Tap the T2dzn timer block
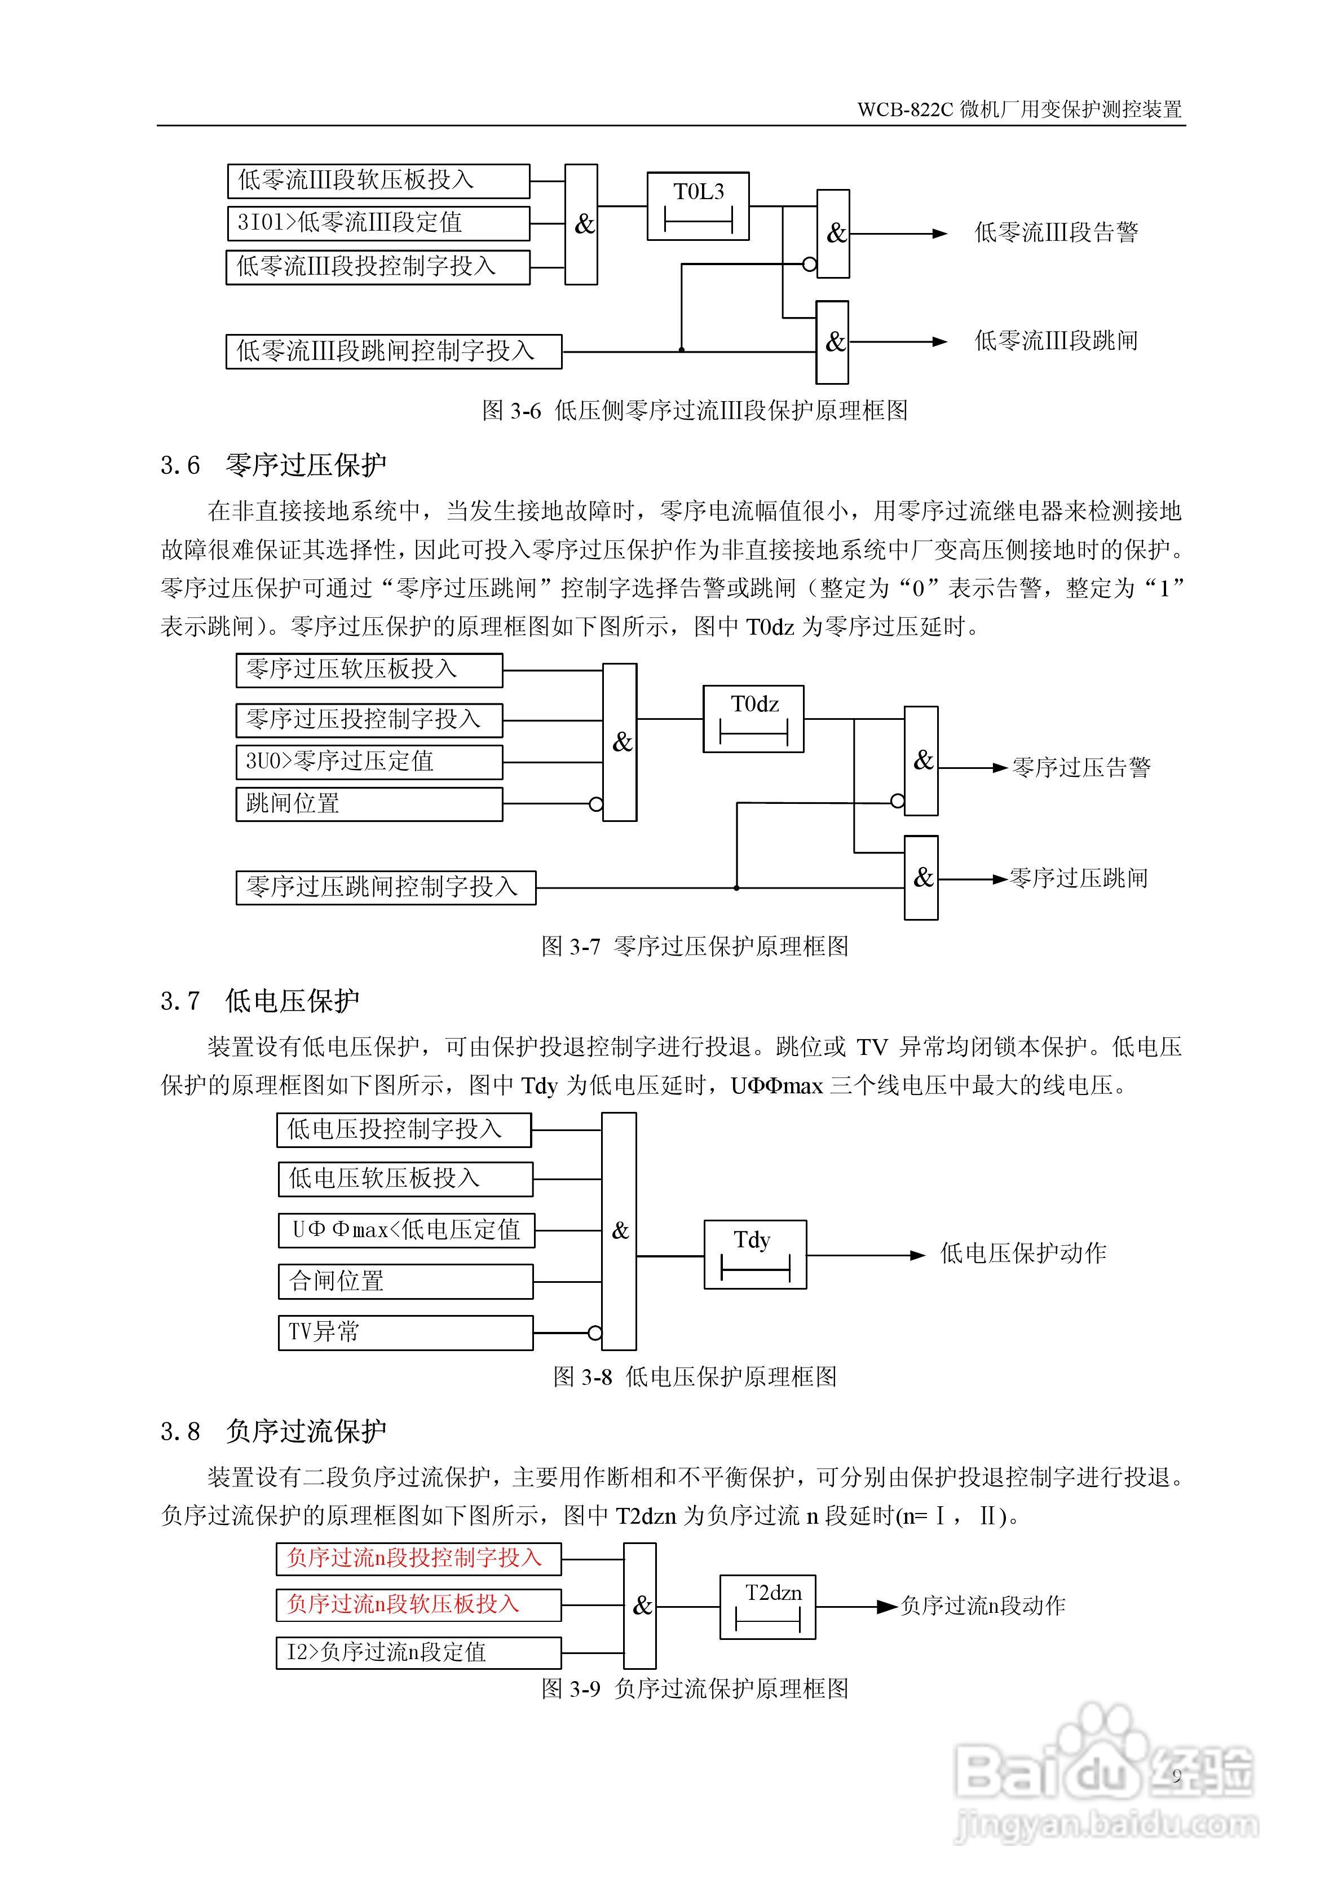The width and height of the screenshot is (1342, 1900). [767, 1607]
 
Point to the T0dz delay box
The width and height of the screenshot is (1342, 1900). [753, 718]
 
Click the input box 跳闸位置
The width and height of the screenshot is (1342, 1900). [369, 803]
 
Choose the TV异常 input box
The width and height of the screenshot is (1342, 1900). [405, 1332]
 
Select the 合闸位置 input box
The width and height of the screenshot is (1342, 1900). [405, 1282]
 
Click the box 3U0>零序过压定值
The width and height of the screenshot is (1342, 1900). [369, 762]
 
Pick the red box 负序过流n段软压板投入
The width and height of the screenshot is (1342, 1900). [418, 1604]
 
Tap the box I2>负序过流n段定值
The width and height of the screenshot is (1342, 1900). [418, 1652]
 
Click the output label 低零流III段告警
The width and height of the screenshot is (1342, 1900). [1056, 232]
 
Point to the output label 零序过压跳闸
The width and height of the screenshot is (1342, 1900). [1078, 878]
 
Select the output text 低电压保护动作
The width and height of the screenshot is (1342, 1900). [1023, 1253]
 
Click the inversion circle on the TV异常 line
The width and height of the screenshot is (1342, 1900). [595, 1333]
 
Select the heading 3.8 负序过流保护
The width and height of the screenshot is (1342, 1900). [273, 1431]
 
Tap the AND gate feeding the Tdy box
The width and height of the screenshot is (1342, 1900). [619, 1232]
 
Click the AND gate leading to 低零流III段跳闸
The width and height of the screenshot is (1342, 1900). [832, 342]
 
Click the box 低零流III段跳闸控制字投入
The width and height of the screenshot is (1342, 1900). [394, 351]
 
